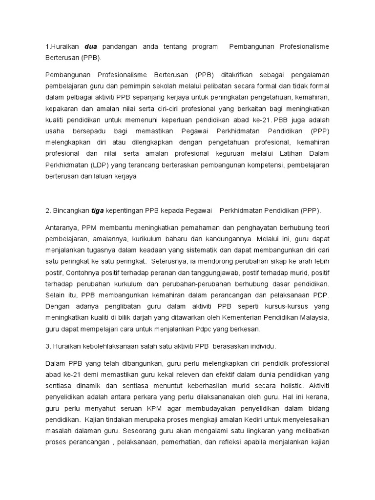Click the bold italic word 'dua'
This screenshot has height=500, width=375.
tap(91, 46)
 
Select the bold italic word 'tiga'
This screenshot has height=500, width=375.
tap(97, 211)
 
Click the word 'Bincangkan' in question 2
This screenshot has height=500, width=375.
tap(71, 211)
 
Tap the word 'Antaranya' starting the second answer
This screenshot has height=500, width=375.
tap(62, 228)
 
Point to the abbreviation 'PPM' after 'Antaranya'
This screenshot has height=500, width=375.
tap(90, 228)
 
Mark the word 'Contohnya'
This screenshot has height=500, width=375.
tap(82, 273)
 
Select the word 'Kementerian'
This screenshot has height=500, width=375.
tap(243, 317)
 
